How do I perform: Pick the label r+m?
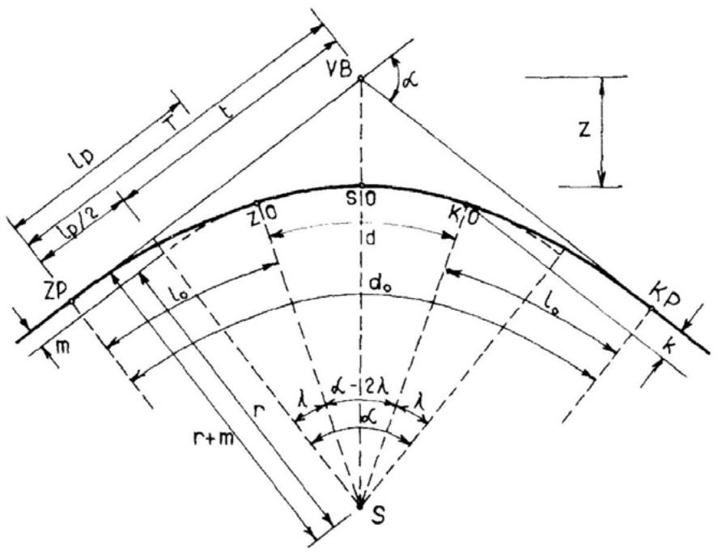[x=213, y=441]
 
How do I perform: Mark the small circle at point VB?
[x=361, y=79]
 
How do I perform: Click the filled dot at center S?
[x=361, y=507]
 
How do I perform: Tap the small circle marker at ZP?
[x=72, y=301]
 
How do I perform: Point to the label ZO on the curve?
[x=263, y=213]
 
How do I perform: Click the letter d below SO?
[x=371, y=239]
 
